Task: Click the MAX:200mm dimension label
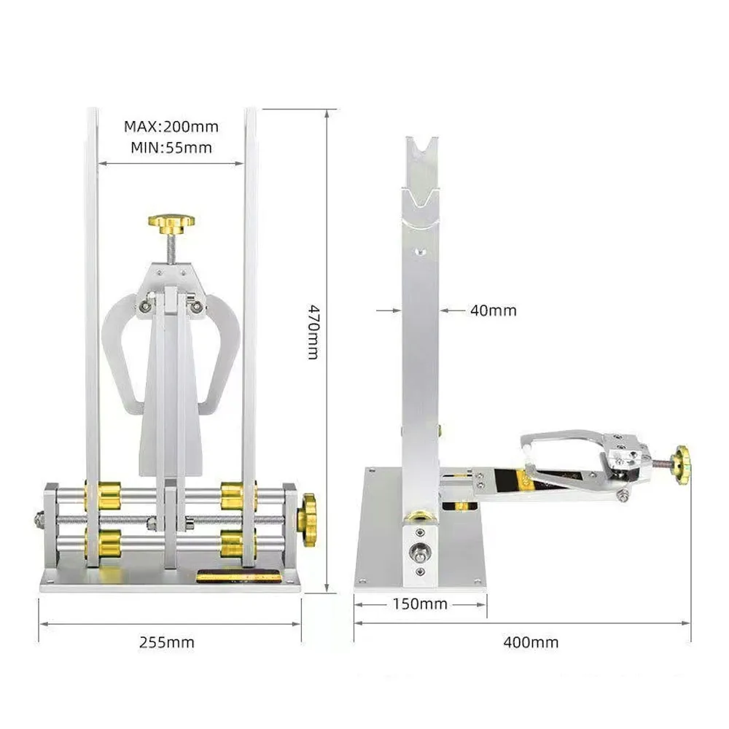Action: coord(171,126)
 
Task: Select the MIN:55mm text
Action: coord(171,148)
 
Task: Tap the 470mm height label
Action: coord(313,332)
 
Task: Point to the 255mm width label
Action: coord(167,642)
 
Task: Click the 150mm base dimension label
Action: coord(420,604)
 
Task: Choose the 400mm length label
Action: coord(531,642)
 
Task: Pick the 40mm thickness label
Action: coord(494,310)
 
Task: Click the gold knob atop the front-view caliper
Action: coord(171,223)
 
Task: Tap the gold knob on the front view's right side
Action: coord(307,520)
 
